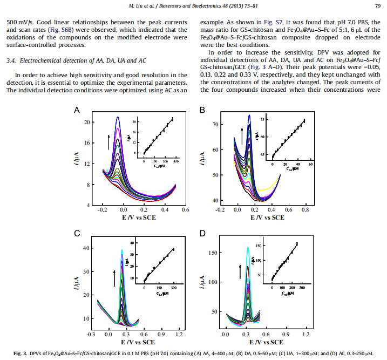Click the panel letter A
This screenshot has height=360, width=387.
point(77,110)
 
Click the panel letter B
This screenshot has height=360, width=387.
point(202,110)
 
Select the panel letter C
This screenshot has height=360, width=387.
point(77,233)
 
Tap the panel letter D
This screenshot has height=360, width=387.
point(202,233)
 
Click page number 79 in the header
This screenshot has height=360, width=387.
point(377,6)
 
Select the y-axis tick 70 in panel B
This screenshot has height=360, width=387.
point(215,125)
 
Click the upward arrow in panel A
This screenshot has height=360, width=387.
point(109,142)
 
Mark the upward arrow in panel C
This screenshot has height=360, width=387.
point(114,279)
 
